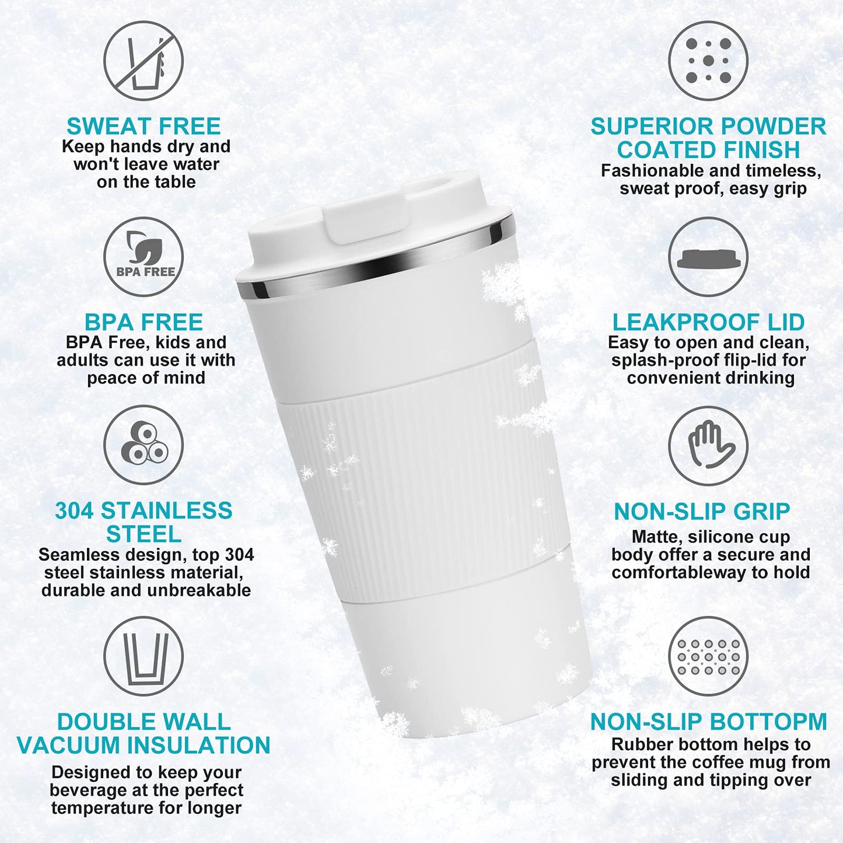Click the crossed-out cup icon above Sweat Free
pyautogui.click(x=144, y=61)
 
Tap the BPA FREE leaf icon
pyautogui.click(x=144, y=256)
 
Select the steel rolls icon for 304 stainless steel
pyautogui.click(x=144, y=445)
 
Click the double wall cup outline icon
pyautogui.click(x=144, y=656)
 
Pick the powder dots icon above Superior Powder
pyautogui.click(x=708, y=61)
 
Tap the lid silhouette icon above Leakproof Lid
pyautogui.click(x=708, y=257)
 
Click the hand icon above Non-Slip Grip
pyautogui.click(x=708, y=445)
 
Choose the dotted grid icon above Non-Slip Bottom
pyautogui.click(x=708, y=656)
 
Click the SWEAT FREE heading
pyautogui.click(x=144, y=126)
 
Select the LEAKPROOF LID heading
pyautogui.click(x=708, y=322)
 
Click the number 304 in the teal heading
pyautogui.click(x=74, y=511)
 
